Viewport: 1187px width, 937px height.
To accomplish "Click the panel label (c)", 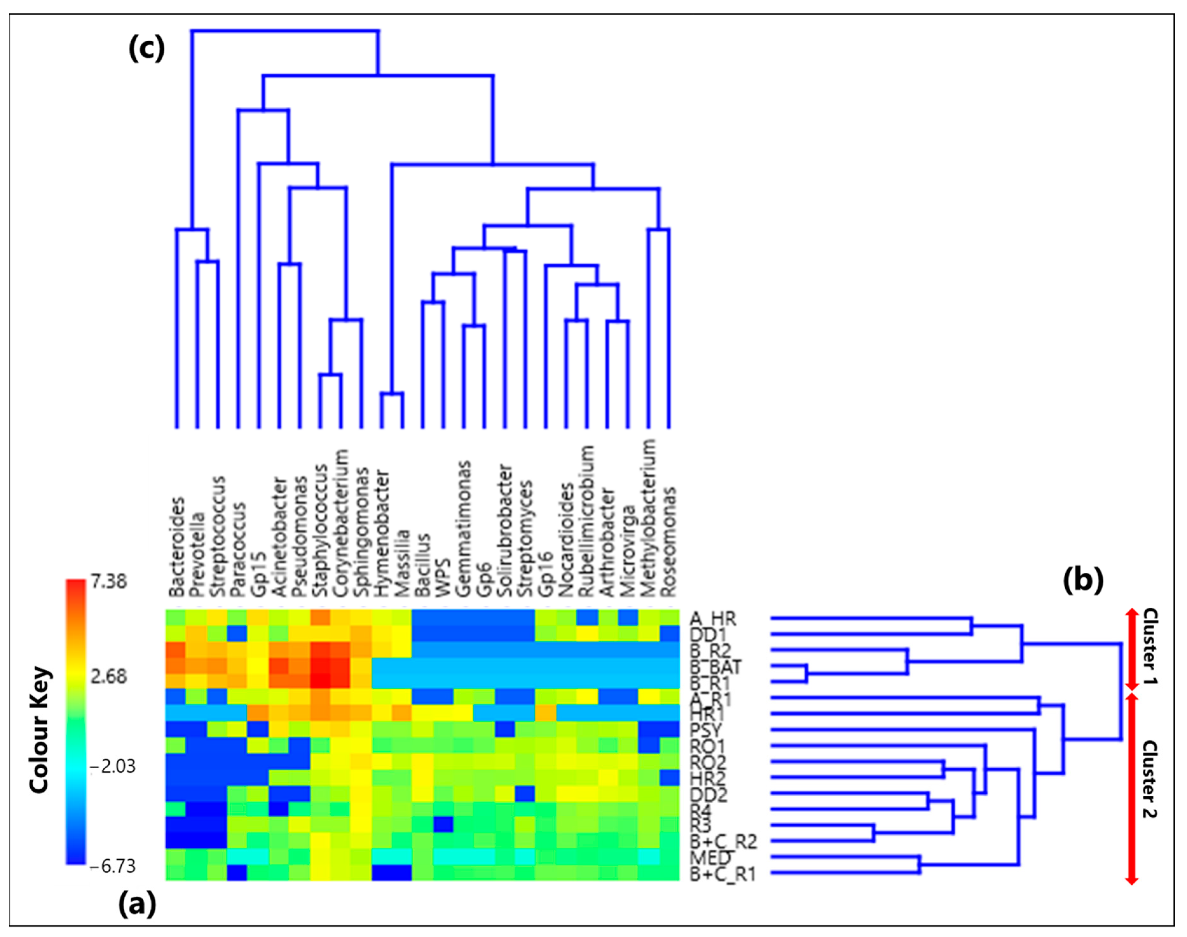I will pos(147,49).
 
